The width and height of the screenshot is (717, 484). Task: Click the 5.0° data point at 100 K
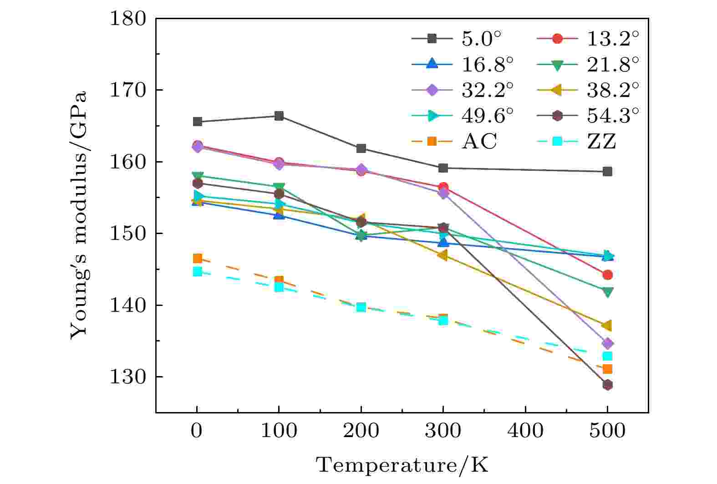[279, 116]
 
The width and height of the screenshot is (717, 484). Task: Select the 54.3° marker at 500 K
[607, 385]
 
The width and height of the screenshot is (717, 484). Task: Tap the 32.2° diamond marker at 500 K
[607, 343]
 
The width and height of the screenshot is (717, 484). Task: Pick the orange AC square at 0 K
[197, 259]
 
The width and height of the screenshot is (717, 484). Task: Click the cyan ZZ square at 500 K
[607, 356]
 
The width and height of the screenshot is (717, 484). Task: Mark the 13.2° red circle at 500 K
[607, 275]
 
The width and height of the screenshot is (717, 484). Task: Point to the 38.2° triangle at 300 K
[442, 255]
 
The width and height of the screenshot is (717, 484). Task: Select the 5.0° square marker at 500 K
[607, 172]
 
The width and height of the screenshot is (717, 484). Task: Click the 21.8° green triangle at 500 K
[607, 291]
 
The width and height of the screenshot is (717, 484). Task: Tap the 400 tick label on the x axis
[525, 431]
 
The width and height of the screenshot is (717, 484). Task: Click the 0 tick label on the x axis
[197, 431]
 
